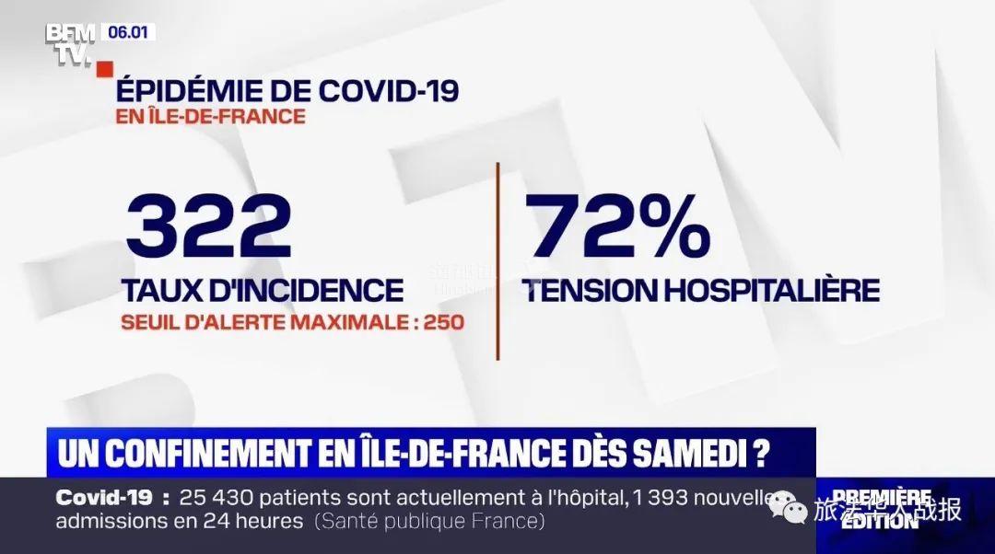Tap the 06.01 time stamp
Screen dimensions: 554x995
130,32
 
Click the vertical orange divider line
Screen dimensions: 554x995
498,261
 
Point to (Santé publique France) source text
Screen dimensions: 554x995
429,521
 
